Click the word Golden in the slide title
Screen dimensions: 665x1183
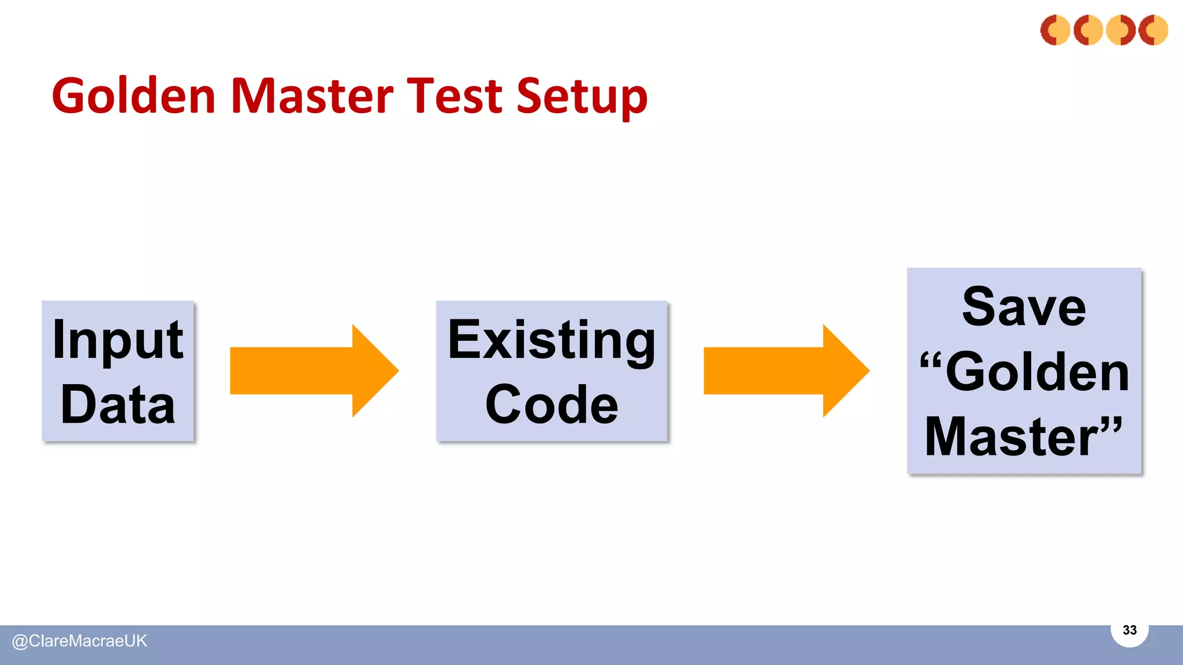tap(133, 96)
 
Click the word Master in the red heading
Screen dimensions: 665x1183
tap(312, 96)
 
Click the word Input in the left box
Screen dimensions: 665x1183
tap(118, 341)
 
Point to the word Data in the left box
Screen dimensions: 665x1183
tap(118, 405)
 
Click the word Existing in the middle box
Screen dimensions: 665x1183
tap(552, 341)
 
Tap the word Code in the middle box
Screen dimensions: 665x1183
tap(552, 405)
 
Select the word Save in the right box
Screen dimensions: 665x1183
tap(1024, 307)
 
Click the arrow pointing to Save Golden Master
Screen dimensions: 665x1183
tap(786, 371)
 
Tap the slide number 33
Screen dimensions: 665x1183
tap(1129, 630)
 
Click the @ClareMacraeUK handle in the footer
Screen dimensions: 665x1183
tap(80, 641)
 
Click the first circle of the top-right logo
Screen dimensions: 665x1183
tap(1055, 30)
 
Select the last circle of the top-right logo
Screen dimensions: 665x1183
tap(1153, 30)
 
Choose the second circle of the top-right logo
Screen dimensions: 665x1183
tap(1088, 30)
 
